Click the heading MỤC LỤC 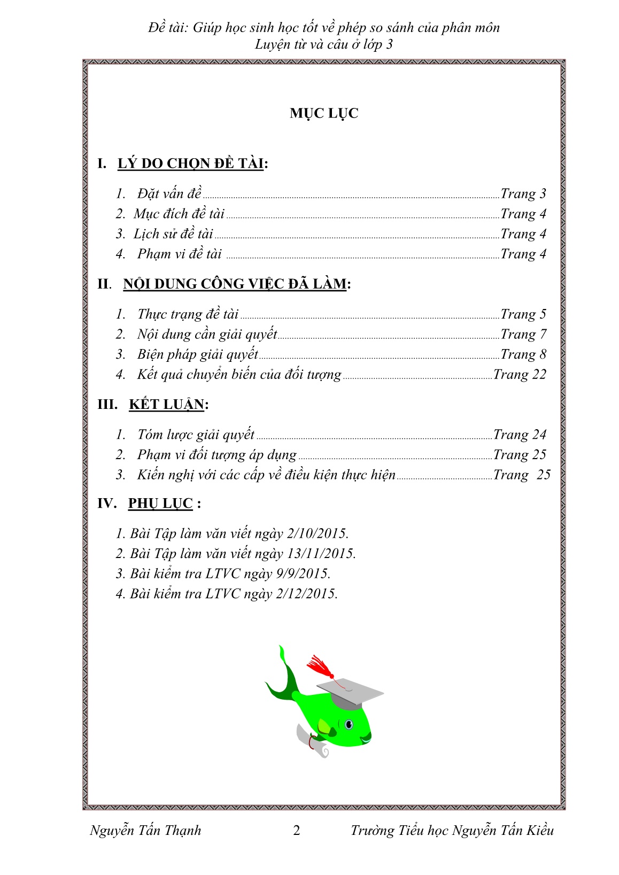[x=324, y=113]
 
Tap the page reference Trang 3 [x=523, y=193]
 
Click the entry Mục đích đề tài [x=179, y=214]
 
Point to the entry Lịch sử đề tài [x=173, y=234]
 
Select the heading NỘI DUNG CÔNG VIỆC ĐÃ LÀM [x=235, y=284]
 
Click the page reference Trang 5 [x=523, y=314]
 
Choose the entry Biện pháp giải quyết [x=197, y=354]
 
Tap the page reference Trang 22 [x=520, y=374]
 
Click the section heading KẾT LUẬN [x=166, y=405]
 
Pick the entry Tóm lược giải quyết [x=196, y=435]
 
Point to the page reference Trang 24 [x=520, y=435]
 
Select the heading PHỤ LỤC [x=160, y=504]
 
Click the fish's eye [x=349, y=725]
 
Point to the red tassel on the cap [x=320, y=665]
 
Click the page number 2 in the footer [x=297, y=831]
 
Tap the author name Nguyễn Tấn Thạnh [x=145, y=831]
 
